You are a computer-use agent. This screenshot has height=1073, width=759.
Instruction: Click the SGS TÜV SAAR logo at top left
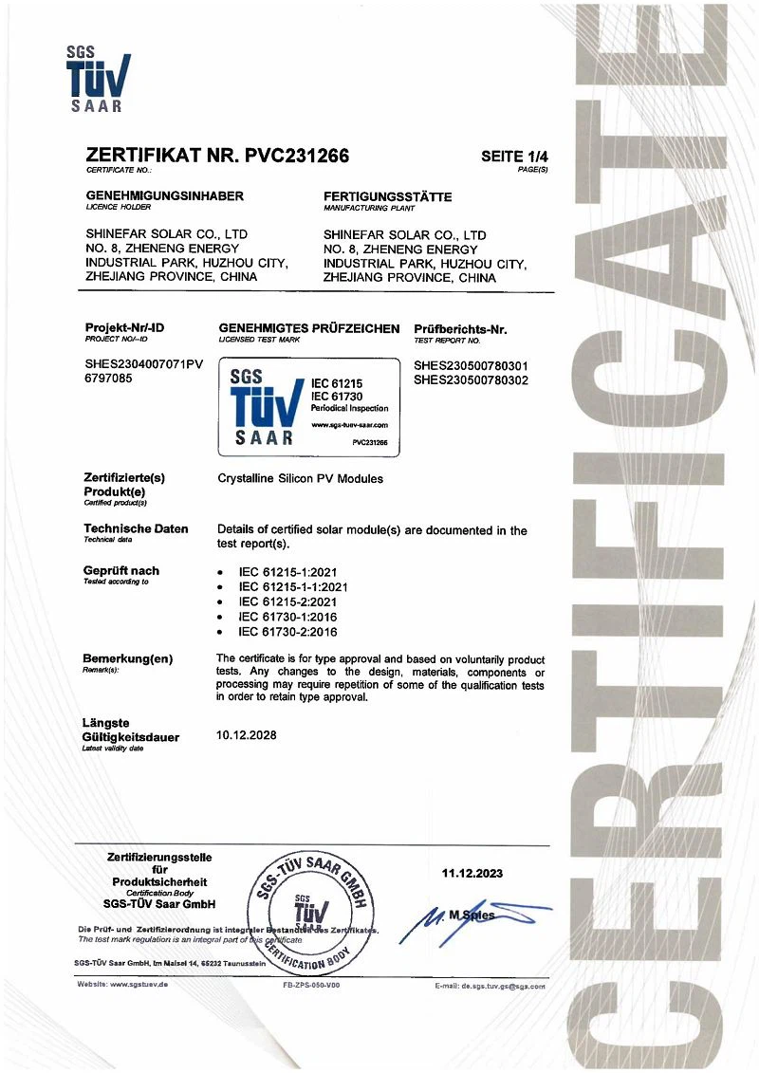click(98, 80)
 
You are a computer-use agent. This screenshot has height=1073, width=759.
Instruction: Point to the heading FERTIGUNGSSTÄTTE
click(387, 196)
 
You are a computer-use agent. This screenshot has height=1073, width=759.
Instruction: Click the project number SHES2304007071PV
click(144, 364)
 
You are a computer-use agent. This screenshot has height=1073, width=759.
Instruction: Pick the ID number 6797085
click(109, 379)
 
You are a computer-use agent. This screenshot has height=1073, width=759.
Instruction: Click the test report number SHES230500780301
click(471, 364)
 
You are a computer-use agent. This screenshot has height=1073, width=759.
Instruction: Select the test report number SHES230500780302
click(471, 379)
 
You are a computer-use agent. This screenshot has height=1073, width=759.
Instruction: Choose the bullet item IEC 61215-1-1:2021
click(292, 586)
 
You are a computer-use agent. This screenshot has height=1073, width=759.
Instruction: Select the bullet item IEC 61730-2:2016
click(287, 631)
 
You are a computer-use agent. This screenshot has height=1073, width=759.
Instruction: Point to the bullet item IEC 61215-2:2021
click(287, 601)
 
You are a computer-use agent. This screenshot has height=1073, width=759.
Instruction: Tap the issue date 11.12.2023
click(472, 873)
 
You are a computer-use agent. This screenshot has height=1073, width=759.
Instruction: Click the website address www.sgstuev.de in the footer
click(122, 986)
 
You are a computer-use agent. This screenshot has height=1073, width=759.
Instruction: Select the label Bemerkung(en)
click(128, 657)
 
